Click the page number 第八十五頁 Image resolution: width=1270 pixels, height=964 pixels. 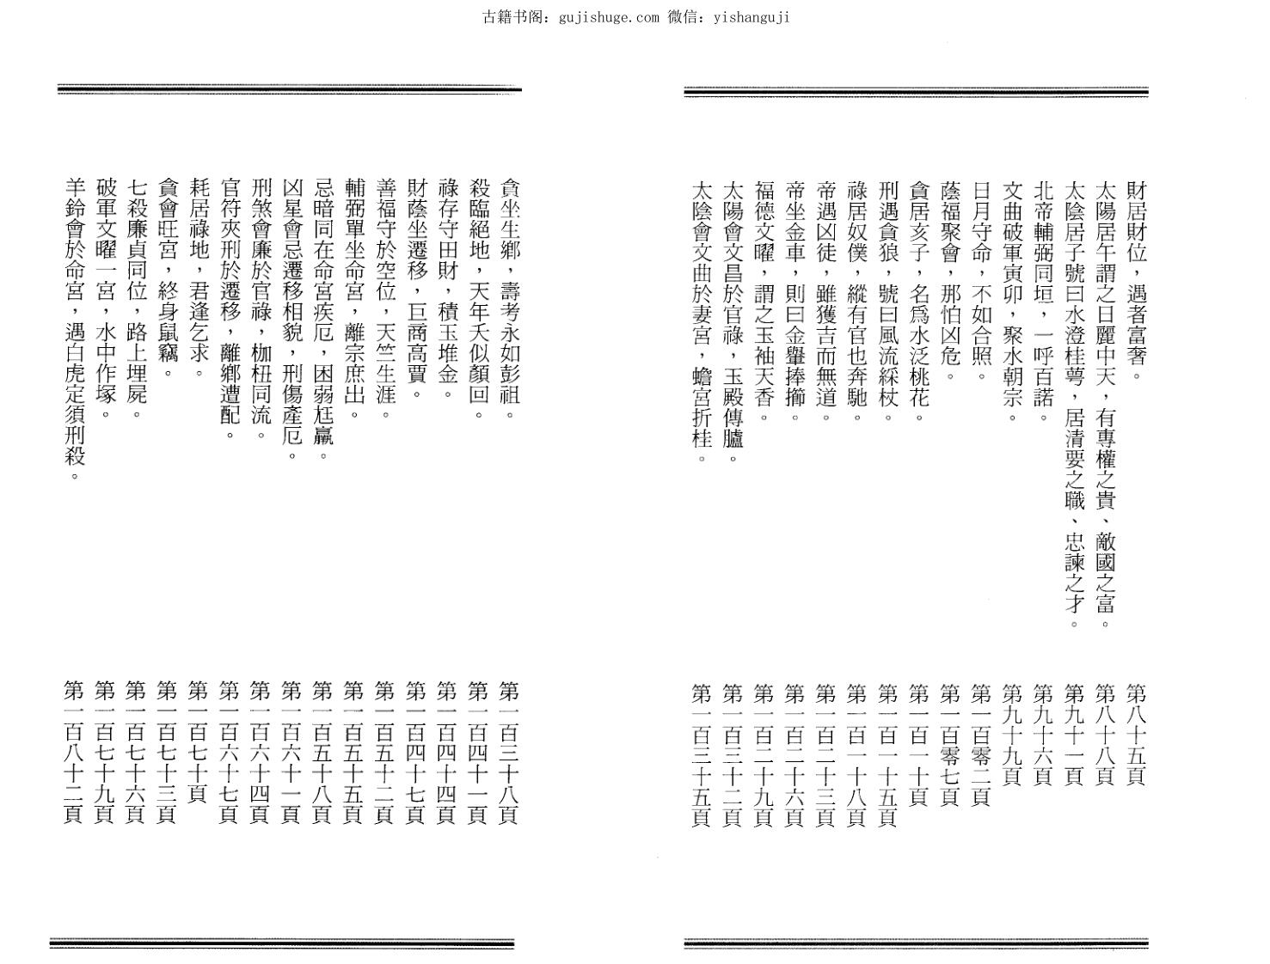[1135, 735]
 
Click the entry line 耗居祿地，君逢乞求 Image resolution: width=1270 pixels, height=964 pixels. [199, 279]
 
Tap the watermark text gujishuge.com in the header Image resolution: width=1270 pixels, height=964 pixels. [609, 16]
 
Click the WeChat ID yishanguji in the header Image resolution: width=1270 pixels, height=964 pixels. [752, 16]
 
